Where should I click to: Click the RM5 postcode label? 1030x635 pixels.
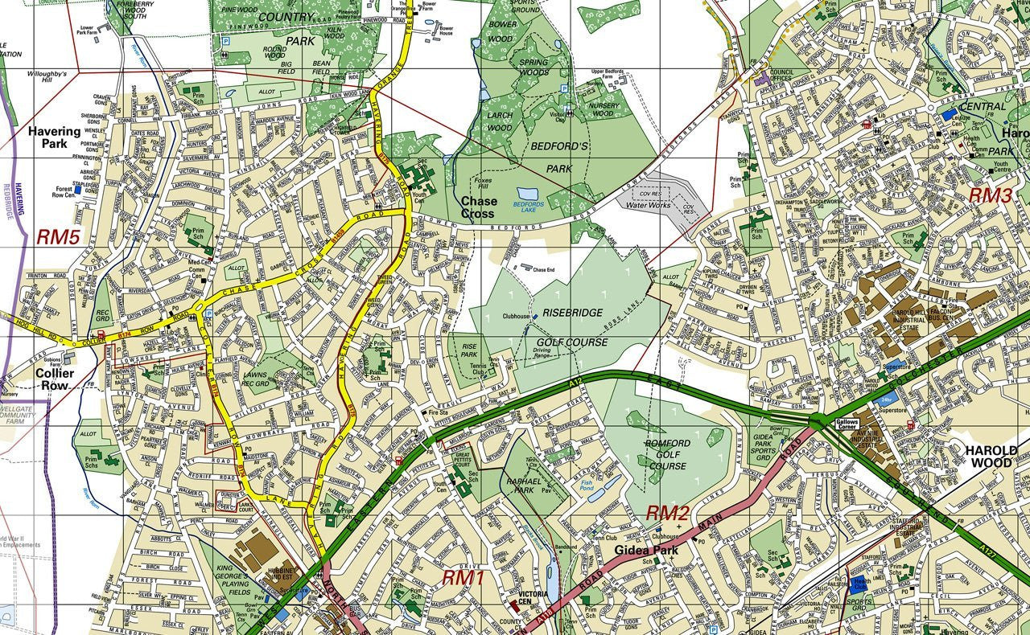point(58,237)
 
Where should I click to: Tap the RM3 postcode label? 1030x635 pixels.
point(989,195)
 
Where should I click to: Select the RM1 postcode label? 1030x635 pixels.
point(463,577)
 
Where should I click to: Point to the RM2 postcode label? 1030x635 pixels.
point(668,513)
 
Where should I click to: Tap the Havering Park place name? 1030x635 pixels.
point(55,137)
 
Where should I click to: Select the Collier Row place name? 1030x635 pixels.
point(55,379)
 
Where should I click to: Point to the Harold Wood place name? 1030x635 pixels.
point(991,457)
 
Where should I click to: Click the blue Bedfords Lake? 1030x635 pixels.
point(529,195)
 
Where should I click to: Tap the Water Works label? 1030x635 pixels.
point(648,205)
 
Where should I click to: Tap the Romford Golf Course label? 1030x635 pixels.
point(667,454)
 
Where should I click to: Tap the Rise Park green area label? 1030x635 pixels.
point(469,350)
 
